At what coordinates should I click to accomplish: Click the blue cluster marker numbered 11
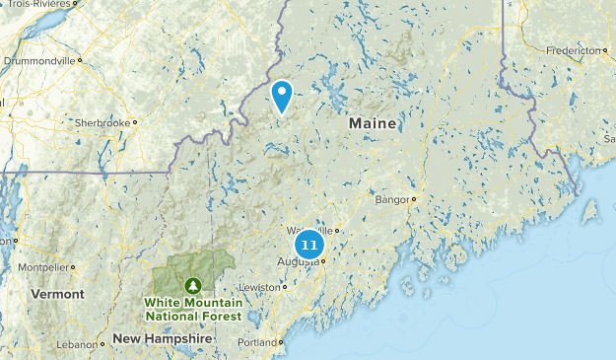point(309,245)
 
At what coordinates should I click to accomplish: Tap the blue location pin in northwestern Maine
point(282,96)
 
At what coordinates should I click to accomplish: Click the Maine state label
point(372,124)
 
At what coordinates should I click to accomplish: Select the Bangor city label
point(390,199)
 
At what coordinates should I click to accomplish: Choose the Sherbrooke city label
point(102,123)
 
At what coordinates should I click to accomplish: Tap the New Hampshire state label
point(162,337)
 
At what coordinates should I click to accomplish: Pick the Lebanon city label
point(78,344)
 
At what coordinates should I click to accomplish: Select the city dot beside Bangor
point(414,199)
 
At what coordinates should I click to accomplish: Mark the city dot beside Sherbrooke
point(134,123)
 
